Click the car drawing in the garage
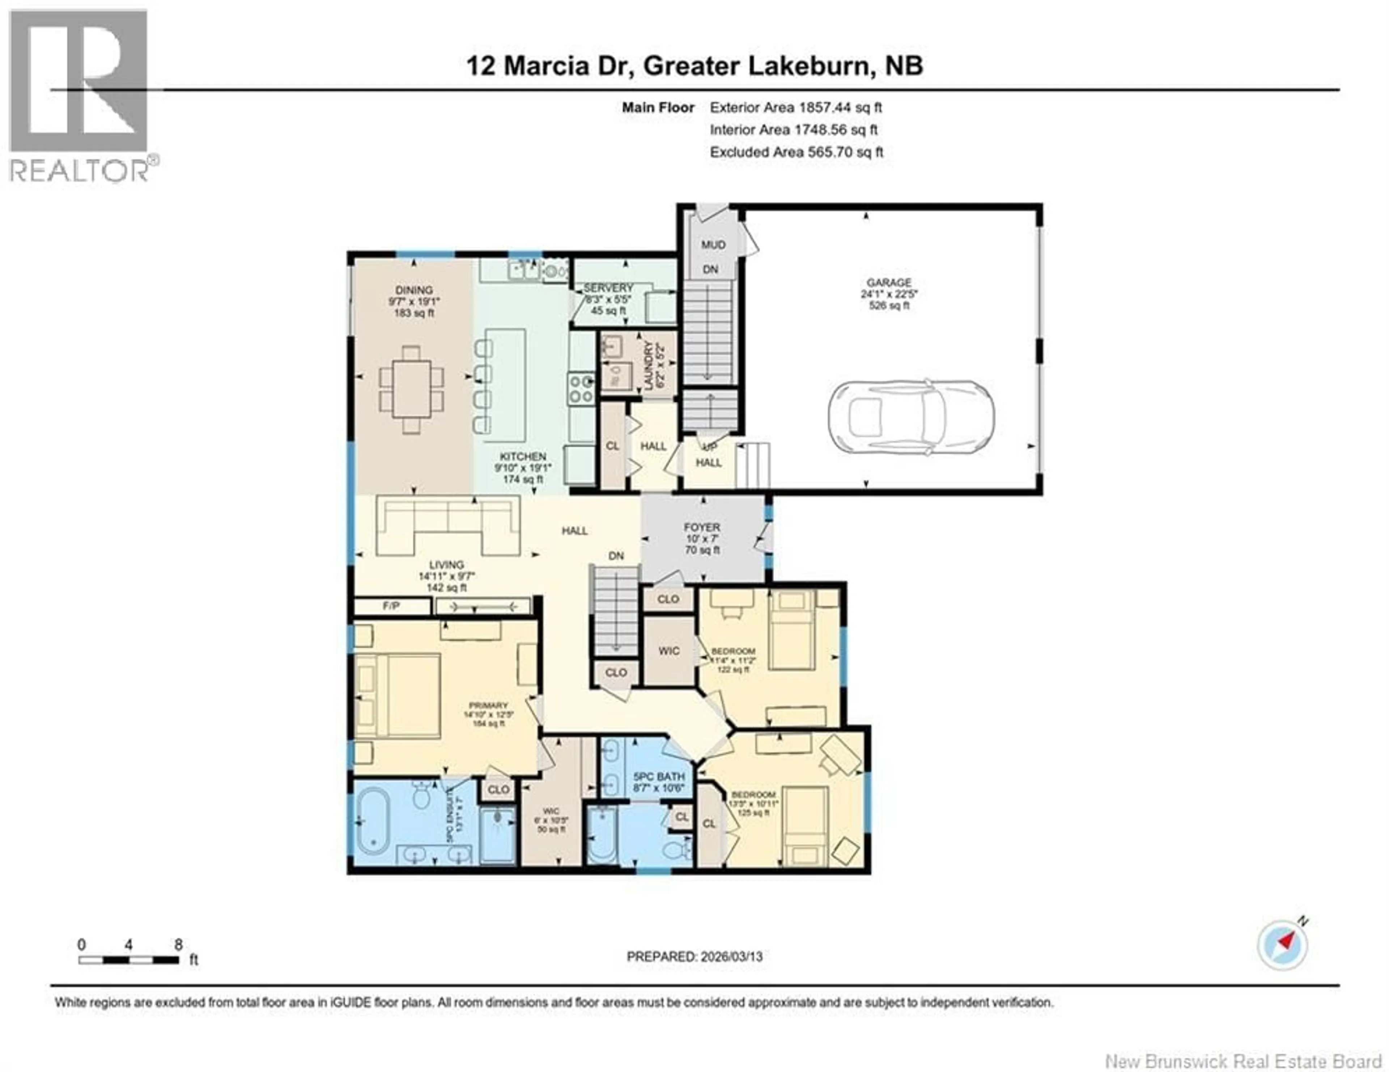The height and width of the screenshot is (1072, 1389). click(x=911, y=418)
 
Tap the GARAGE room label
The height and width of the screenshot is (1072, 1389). click(x=888, y=282)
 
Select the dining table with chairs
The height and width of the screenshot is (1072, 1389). click(x=412, y=389)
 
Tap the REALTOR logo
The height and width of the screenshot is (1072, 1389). click(x=80, y=95)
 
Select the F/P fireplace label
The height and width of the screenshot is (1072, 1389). click(x=391, y=606)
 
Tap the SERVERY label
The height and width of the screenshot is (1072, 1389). click(x=608, y=288)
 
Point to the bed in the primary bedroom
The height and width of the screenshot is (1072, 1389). click(x=398, y=696)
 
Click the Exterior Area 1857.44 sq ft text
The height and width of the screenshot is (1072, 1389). click(x=796, y=107)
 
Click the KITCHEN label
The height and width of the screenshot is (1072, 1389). click(x=522, y=456)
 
